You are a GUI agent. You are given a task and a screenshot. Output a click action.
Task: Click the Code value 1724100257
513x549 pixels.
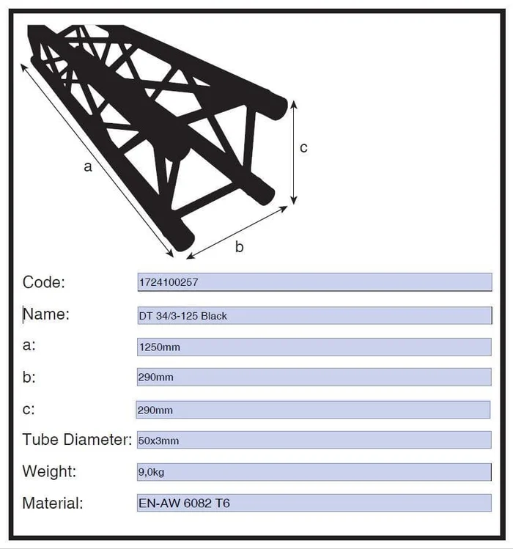[x=169, y=282]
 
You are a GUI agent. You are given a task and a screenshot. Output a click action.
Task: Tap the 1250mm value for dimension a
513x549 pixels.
[x=160, y=347]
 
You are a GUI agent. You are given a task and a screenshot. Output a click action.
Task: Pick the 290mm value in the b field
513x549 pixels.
[x=156, y=377]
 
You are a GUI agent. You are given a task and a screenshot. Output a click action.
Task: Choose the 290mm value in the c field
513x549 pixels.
[x=155, y=410]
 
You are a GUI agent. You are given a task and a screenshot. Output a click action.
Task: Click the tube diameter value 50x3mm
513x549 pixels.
[x=158, y=441]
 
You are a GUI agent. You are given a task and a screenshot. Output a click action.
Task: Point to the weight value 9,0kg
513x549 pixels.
[x=151, y=472]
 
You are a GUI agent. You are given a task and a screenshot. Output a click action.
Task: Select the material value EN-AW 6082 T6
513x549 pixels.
[x=184, y=503]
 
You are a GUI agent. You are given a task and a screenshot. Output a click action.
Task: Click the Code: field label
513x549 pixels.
[x=44, y=282]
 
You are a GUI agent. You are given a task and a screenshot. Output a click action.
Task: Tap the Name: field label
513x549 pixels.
[x=46, y=314]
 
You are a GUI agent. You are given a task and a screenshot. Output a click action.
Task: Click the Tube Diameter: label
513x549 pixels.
[x=77, y=439]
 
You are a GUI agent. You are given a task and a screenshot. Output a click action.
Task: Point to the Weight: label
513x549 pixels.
[x=49, y=471]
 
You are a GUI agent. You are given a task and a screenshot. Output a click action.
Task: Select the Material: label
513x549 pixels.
[x=53, y=503]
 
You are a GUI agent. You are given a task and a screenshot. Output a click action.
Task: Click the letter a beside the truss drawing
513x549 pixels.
[x=88, y=166]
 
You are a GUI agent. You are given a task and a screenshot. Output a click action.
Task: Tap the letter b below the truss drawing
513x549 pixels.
[x=239, y=247]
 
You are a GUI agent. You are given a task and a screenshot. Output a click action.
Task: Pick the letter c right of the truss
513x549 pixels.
[x=303, y=148]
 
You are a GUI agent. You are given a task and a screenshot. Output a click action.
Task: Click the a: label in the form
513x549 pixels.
[x=29, y=345]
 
